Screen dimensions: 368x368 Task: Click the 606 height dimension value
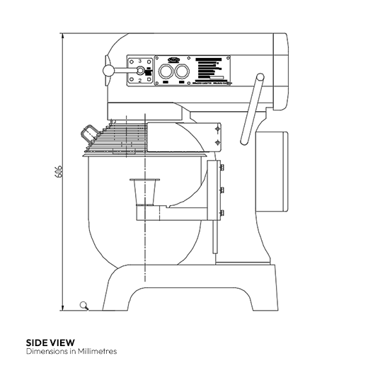[x=59, y=171]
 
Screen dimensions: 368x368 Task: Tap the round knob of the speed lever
[x=108, y=70]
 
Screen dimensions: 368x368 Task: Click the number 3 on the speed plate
[x=140, y=62]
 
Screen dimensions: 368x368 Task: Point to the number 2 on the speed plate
[x=140, y=81]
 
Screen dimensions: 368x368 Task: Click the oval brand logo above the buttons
[x=175, y=60]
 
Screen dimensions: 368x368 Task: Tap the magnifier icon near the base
[x=85, y=306]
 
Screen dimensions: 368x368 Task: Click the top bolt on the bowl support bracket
[x=222, y=167]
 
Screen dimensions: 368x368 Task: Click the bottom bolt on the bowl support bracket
[x=222, y=213]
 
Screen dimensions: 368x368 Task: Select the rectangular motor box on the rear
[x=272, y=172]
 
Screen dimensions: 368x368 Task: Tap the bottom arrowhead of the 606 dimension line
[x=64, y=307]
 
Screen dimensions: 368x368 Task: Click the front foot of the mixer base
[x=117, y=297]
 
